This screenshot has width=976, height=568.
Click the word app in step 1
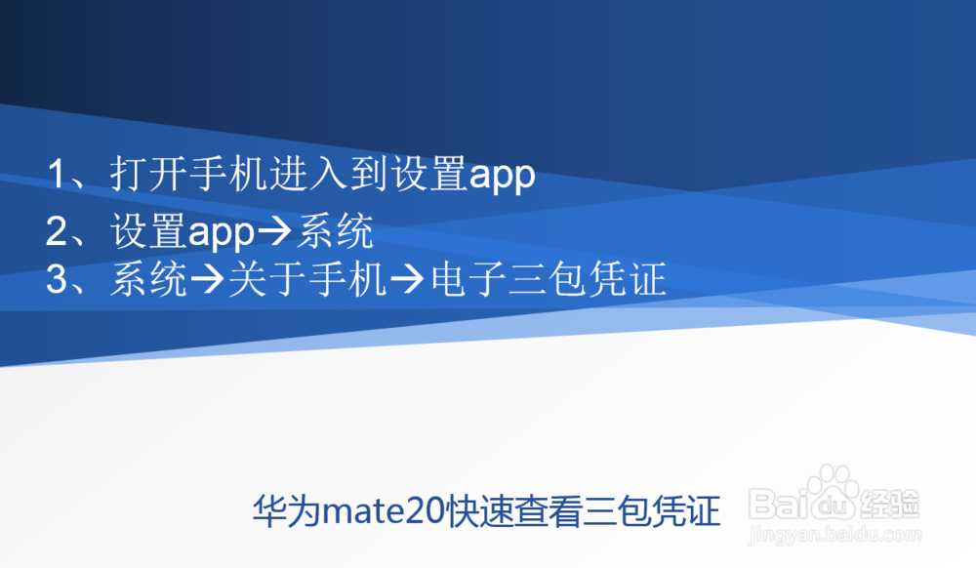502,177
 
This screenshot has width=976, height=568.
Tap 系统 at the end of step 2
335,232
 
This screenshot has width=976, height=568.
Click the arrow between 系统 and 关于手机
206,282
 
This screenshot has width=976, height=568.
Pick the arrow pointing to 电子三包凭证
407,282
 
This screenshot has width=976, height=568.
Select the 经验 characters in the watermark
890,504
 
